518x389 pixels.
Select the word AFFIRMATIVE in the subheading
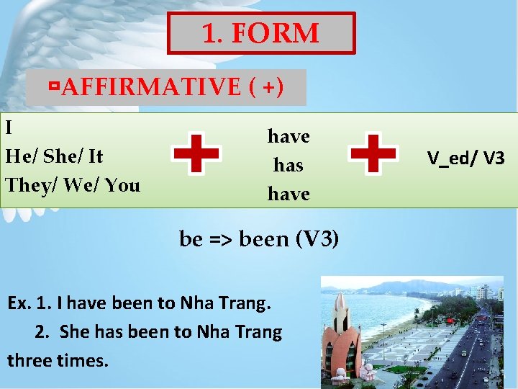coord(151,87)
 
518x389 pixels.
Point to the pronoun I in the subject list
coord(9,128)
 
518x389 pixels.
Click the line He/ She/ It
coord(54,156)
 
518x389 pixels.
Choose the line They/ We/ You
coord(73,185)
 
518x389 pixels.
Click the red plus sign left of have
coord(196,153)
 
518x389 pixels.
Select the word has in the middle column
coord(288,165)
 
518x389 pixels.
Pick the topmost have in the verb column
coord(288,136)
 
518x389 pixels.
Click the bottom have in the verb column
coord(288,194)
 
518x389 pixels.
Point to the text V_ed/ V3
coord(465,158)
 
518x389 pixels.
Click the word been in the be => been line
coord(263,239)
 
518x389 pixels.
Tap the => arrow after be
coord(220,239)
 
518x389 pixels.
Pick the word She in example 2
coord(74,332)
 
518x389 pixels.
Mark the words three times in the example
coord(58,360)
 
